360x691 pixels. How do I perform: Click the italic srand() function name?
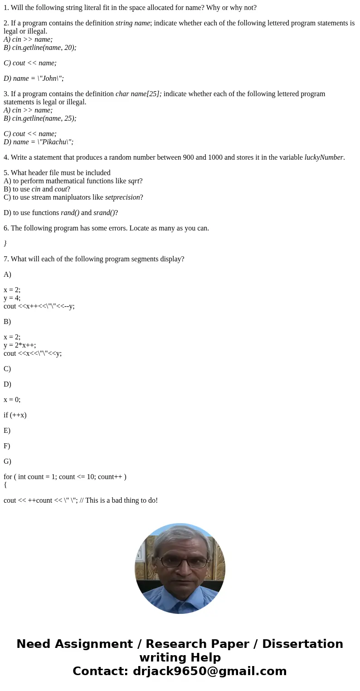point(104,213)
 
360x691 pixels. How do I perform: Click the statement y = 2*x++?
point(19,345)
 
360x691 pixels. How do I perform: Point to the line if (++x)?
point(15,415)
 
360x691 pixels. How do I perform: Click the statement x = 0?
point(12,400)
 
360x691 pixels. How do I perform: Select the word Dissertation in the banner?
point(302,644)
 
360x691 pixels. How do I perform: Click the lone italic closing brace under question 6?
point(5,244)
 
